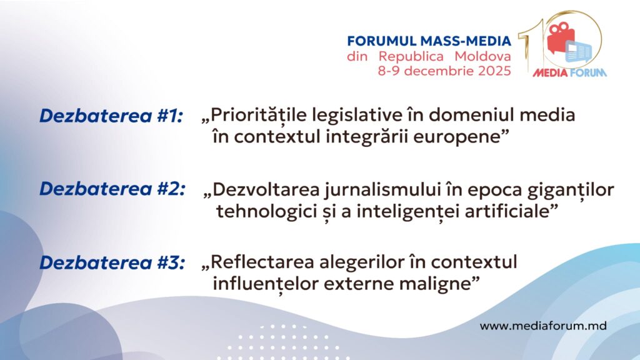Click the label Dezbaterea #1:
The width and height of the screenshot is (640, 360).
coord(111,116)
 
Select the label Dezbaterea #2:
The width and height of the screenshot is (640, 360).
coord(112,189)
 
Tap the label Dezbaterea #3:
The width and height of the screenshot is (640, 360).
coord(112,262)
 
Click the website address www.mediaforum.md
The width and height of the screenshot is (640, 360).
coord(543,326)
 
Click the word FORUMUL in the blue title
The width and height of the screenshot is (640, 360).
coord(382,41)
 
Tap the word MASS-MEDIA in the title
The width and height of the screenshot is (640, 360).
coord(466,41)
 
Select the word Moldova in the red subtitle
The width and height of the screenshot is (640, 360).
coord(483,56)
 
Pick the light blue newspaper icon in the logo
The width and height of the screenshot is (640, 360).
coord(579,52)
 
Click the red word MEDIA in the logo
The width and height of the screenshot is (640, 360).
coord(551,73)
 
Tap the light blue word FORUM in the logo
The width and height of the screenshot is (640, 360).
coord(588,73)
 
